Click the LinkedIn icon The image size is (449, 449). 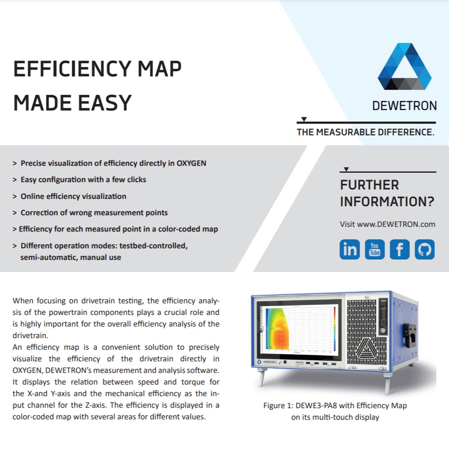(350, 249)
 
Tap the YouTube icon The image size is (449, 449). (375, 249)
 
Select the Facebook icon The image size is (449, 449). (400, 249)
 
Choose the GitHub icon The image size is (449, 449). (425, 249)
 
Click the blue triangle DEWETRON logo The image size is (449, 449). (404, 67)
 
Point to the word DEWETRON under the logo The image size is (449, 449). (404, 106)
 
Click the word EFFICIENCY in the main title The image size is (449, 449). (73, 69)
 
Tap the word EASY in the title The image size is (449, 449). (105, 103)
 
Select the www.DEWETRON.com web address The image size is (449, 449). (396, 224)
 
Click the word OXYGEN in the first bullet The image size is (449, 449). (191, 163)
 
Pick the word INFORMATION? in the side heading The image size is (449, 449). (387, 202)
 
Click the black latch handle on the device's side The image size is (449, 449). (409, 335)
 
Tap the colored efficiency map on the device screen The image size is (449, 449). (277, 329)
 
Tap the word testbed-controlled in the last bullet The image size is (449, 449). (153, 246)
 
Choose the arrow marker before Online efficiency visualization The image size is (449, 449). (15, 196)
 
